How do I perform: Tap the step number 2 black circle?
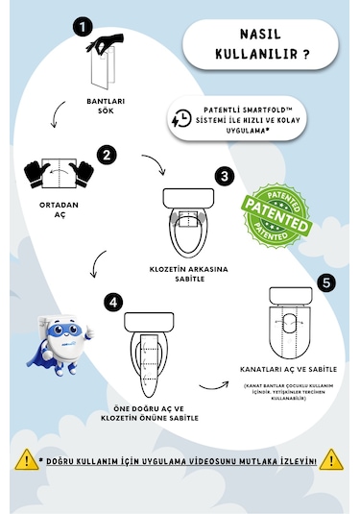108,153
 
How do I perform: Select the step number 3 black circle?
223,176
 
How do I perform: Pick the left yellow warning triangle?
24,459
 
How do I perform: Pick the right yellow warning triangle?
332,459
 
